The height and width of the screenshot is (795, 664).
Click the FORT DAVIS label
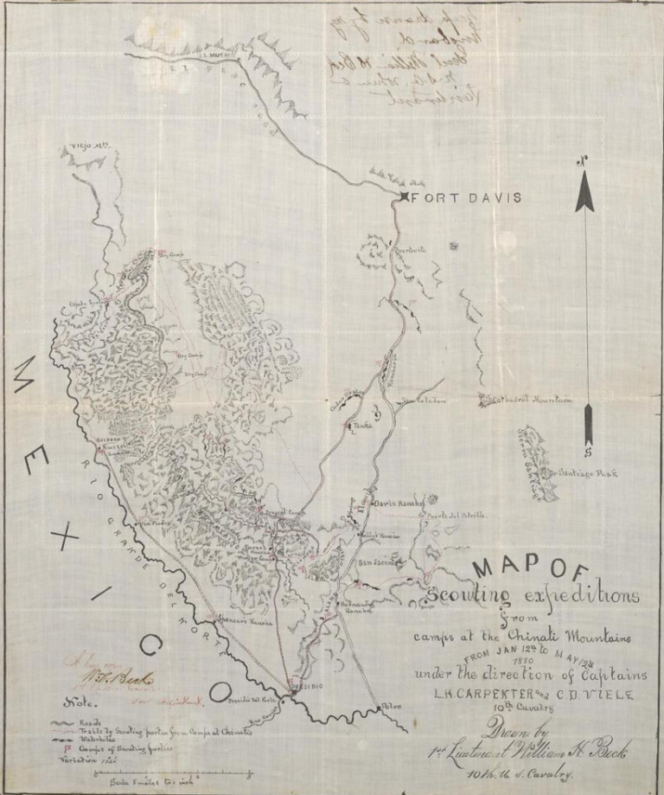click(x=466, y=198)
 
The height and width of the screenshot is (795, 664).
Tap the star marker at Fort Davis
click(x=404, y=199)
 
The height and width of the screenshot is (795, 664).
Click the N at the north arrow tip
click(x=584, y=159)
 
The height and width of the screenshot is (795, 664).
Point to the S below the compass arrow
click(x=587, y=452)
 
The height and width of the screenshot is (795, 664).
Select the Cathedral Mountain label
click(x=530, y=401)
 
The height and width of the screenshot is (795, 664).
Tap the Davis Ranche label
click(x=397, y=503)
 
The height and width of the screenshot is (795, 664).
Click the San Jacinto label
click(x=377, y=563)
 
